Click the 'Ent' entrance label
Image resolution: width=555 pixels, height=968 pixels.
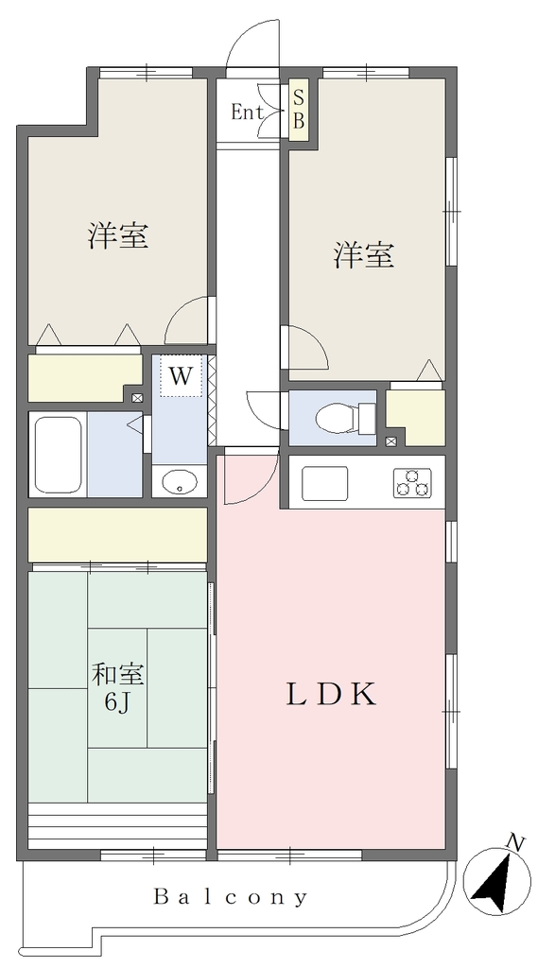247,113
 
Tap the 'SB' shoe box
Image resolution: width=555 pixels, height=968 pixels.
298,109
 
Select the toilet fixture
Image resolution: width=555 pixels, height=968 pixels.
345,417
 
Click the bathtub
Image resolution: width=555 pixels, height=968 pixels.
59,454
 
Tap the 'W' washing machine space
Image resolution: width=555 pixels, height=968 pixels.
181,376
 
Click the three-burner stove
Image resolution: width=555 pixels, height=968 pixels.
412,483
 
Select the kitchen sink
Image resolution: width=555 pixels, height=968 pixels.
324,483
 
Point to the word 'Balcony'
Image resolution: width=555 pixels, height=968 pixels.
230,896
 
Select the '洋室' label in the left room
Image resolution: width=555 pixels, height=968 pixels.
117,235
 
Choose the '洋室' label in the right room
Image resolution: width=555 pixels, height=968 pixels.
364,254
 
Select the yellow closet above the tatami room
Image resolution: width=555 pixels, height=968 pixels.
117,535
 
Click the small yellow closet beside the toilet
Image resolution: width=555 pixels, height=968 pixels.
416,415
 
